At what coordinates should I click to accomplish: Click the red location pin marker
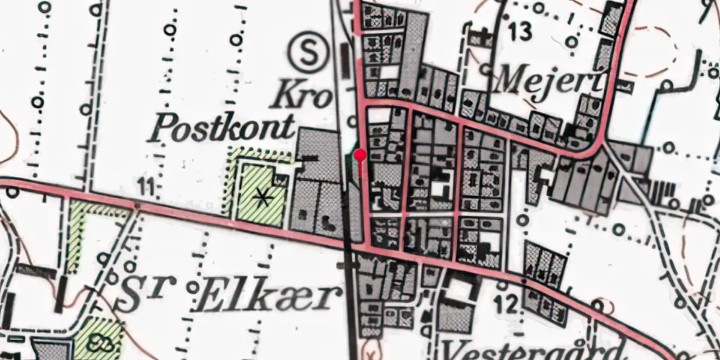click(x=360, y=155)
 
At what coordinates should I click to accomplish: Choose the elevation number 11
click(x=148, y=189)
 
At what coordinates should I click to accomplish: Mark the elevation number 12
click(x=507, y=305)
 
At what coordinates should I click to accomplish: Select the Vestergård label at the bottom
click(x=533, y=351)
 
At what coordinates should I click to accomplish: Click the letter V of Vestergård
click(x=459, y=351)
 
